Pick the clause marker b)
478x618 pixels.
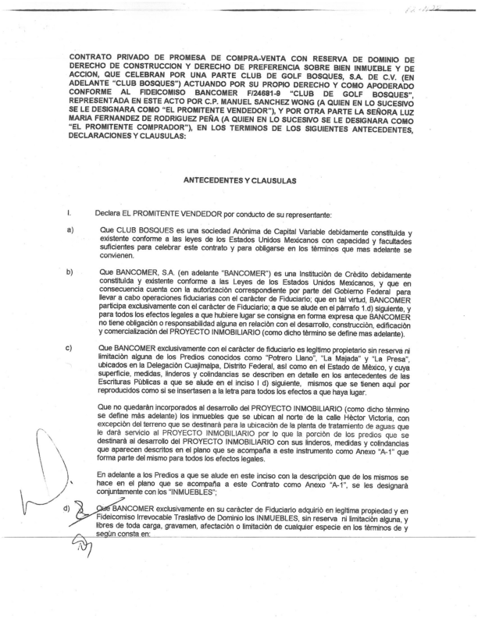tap(71, 272)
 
